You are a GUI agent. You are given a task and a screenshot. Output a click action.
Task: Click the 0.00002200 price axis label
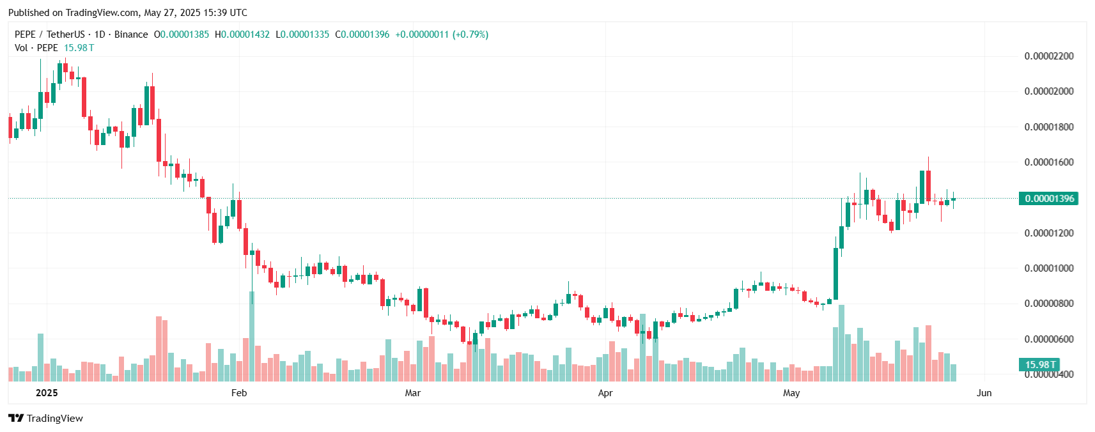1048,56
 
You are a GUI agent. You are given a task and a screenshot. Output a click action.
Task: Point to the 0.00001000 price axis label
1048,268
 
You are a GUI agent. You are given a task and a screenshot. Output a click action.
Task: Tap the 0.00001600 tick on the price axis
1048,162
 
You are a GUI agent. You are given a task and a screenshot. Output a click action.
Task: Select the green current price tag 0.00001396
1049,199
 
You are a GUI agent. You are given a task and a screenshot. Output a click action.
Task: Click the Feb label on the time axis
239,393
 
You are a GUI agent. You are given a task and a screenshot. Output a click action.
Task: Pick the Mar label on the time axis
413,393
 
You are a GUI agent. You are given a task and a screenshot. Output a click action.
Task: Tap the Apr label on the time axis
605,393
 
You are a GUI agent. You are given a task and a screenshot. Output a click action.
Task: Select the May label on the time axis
791,393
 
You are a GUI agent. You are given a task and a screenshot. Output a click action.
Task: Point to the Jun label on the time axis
984,393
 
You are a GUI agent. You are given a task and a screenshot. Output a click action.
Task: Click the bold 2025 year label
47,393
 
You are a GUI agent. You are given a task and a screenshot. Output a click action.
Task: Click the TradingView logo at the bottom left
45,419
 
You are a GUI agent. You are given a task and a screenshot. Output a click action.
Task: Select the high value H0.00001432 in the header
242,35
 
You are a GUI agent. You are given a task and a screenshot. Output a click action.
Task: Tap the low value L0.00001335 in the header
302,35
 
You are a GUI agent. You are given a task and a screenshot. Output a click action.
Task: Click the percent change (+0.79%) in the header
470,35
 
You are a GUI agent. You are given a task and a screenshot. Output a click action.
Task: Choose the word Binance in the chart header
131,35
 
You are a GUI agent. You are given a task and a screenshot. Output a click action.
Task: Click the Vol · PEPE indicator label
36,48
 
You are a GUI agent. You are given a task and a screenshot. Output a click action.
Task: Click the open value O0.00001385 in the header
182,35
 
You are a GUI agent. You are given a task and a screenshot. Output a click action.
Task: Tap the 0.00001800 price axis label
1048,127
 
